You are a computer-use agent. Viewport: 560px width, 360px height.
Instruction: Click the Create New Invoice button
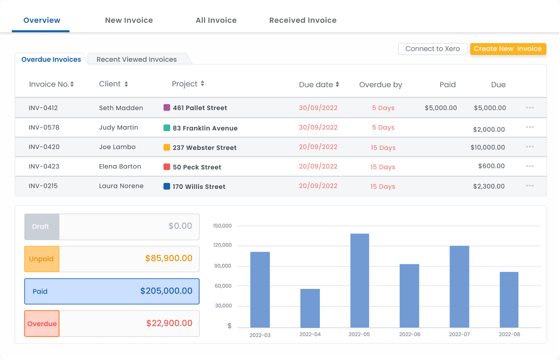click(x=508, y=49)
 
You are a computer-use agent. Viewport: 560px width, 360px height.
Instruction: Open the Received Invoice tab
click(x=303, y=20)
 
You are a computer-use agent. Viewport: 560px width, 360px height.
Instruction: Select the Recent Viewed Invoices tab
click(x=136, y=60)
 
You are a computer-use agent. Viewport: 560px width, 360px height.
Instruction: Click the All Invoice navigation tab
click(x=216, y=20)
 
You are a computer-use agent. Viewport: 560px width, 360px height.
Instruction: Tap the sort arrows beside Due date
click(x=337, y=85)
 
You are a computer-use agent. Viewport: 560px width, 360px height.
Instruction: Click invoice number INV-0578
click(x=44, y=128)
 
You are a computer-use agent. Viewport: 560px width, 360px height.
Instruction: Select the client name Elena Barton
click(x=120, y=167)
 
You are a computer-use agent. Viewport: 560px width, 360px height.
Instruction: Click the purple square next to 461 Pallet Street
click(x=167, y=108)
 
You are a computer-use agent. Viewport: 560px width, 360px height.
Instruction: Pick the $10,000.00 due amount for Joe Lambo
click(x=487, y=147)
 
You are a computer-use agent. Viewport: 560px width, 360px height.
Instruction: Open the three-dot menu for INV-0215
click(x=529, y=186)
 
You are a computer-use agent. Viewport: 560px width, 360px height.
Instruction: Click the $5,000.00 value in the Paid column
click(x=441, y=108)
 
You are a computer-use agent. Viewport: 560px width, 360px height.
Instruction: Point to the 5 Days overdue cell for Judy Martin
click(x=383, y=128)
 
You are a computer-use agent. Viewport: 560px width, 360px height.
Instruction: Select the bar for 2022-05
click(x=359, y=280)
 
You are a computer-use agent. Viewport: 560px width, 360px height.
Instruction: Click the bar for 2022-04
click(x=310, y=308)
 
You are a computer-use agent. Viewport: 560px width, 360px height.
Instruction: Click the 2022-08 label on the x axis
click(x=509, y=335)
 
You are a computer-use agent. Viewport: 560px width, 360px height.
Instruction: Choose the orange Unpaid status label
click(x=41, y=259)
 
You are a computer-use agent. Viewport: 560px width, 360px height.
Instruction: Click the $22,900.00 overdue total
click(x=169, y=323)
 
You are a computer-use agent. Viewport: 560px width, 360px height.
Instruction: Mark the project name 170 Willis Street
click(x=199, y=187)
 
